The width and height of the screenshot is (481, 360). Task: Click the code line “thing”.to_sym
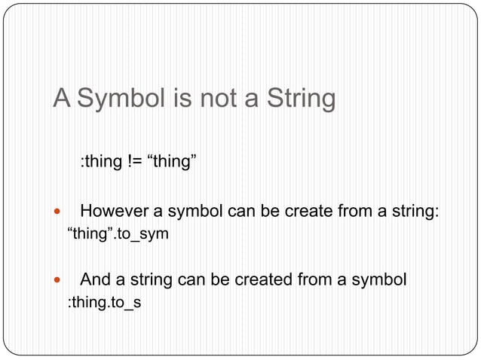[118, 234]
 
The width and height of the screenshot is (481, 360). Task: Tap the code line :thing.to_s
[105, 304]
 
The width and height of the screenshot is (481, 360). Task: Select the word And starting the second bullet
[95, 281]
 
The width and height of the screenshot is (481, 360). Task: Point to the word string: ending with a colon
[415, 211]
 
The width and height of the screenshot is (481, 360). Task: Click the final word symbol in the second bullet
[382, 281]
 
